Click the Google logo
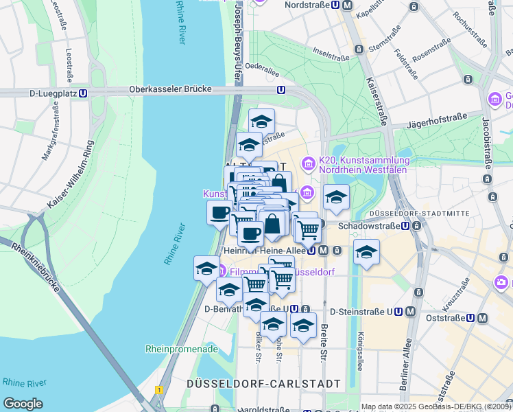click(23, 404)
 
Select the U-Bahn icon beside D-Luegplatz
click(83, 93)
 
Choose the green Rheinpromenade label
click(181, 349)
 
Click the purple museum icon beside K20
click(309, 164)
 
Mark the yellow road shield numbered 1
click(159, 389)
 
